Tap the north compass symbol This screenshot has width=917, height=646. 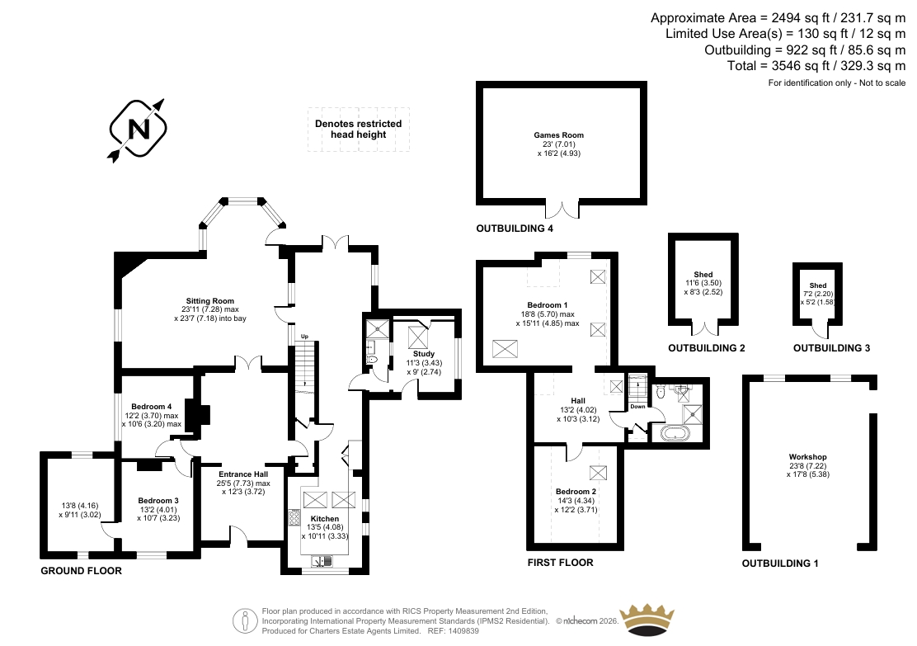(x=138, y=130)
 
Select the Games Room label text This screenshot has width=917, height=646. (x=558, y=135)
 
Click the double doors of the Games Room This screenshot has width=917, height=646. (x=562, y=210)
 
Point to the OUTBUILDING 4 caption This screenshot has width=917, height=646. (x=515, y=229)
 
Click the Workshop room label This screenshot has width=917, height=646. (x=807, y=457)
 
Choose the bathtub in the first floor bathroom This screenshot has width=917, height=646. (x=675, y=433)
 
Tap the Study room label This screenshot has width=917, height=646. (x=424, y=354)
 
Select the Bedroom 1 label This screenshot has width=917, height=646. (x=548, y=305)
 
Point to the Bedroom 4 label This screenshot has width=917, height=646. (x=152, y=407)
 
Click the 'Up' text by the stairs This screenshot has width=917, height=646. (x=304, y=337)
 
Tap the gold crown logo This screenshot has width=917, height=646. (x=647, y=620)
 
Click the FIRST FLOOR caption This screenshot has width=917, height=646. (x=560, y=563)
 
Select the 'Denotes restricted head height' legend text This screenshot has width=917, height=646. (x=359, y=130)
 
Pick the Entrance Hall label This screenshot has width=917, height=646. (x=243, y=474)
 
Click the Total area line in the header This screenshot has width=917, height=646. (x=816, y=66)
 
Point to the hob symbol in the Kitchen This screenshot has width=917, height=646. (x=294, y=519)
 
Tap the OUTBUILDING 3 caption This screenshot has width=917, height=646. (x=831, y=348)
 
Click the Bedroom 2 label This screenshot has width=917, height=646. (x=576, y=492)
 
